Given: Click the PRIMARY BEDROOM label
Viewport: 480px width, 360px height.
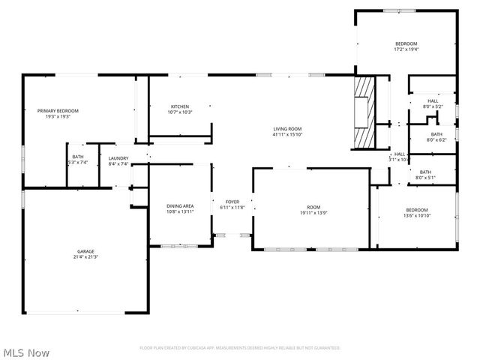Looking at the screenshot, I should click(58, 110).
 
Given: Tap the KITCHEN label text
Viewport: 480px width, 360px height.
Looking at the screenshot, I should click(179, 106).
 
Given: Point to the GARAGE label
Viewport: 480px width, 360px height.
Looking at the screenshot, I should click(85, 251).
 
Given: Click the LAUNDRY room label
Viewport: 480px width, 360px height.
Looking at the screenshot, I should click(118, 157).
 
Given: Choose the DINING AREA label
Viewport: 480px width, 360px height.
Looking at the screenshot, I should click(180, 205).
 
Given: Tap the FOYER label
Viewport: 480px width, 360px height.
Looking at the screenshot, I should click(232, 202).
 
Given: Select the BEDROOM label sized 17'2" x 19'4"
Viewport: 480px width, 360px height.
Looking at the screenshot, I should click(406, 44).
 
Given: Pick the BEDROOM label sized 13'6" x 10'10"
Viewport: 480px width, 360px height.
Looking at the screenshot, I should click(417, 209).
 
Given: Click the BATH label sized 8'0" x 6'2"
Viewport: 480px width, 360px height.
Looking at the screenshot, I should click(436, 134).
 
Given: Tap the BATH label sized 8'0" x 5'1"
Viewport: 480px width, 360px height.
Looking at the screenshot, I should click(425, 172).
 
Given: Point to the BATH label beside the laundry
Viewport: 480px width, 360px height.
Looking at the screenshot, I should click(78, 157).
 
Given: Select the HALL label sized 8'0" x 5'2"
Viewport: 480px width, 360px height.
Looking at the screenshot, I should click(433, 101).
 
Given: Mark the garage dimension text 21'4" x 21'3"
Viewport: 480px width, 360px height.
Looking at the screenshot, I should click(85, 256).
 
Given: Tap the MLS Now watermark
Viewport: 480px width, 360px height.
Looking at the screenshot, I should click(27, 352).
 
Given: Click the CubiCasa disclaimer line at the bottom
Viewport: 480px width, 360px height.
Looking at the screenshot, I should click(240, 348).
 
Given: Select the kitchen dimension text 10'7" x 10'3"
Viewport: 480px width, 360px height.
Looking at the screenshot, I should click(179, 112).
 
